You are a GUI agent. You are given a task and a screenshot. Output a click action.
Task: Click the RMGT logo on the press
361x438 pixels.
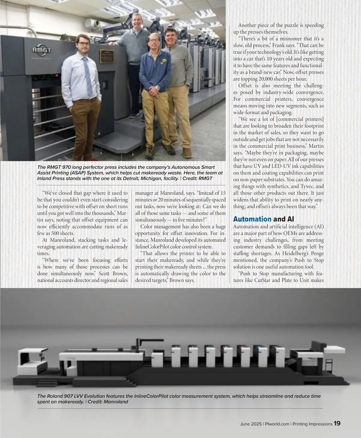coord(42,50)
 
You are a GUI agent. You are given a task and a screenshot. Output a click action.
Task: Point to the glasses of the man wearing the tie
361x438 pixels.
coord(83,43)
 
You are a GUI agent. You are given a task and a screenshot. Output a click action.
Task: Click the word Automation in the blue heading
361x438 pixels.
coord(252,219)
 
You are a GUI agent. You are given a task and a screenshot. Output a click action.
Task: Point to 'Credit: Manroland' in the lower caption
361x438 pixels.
coord(108,402)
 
